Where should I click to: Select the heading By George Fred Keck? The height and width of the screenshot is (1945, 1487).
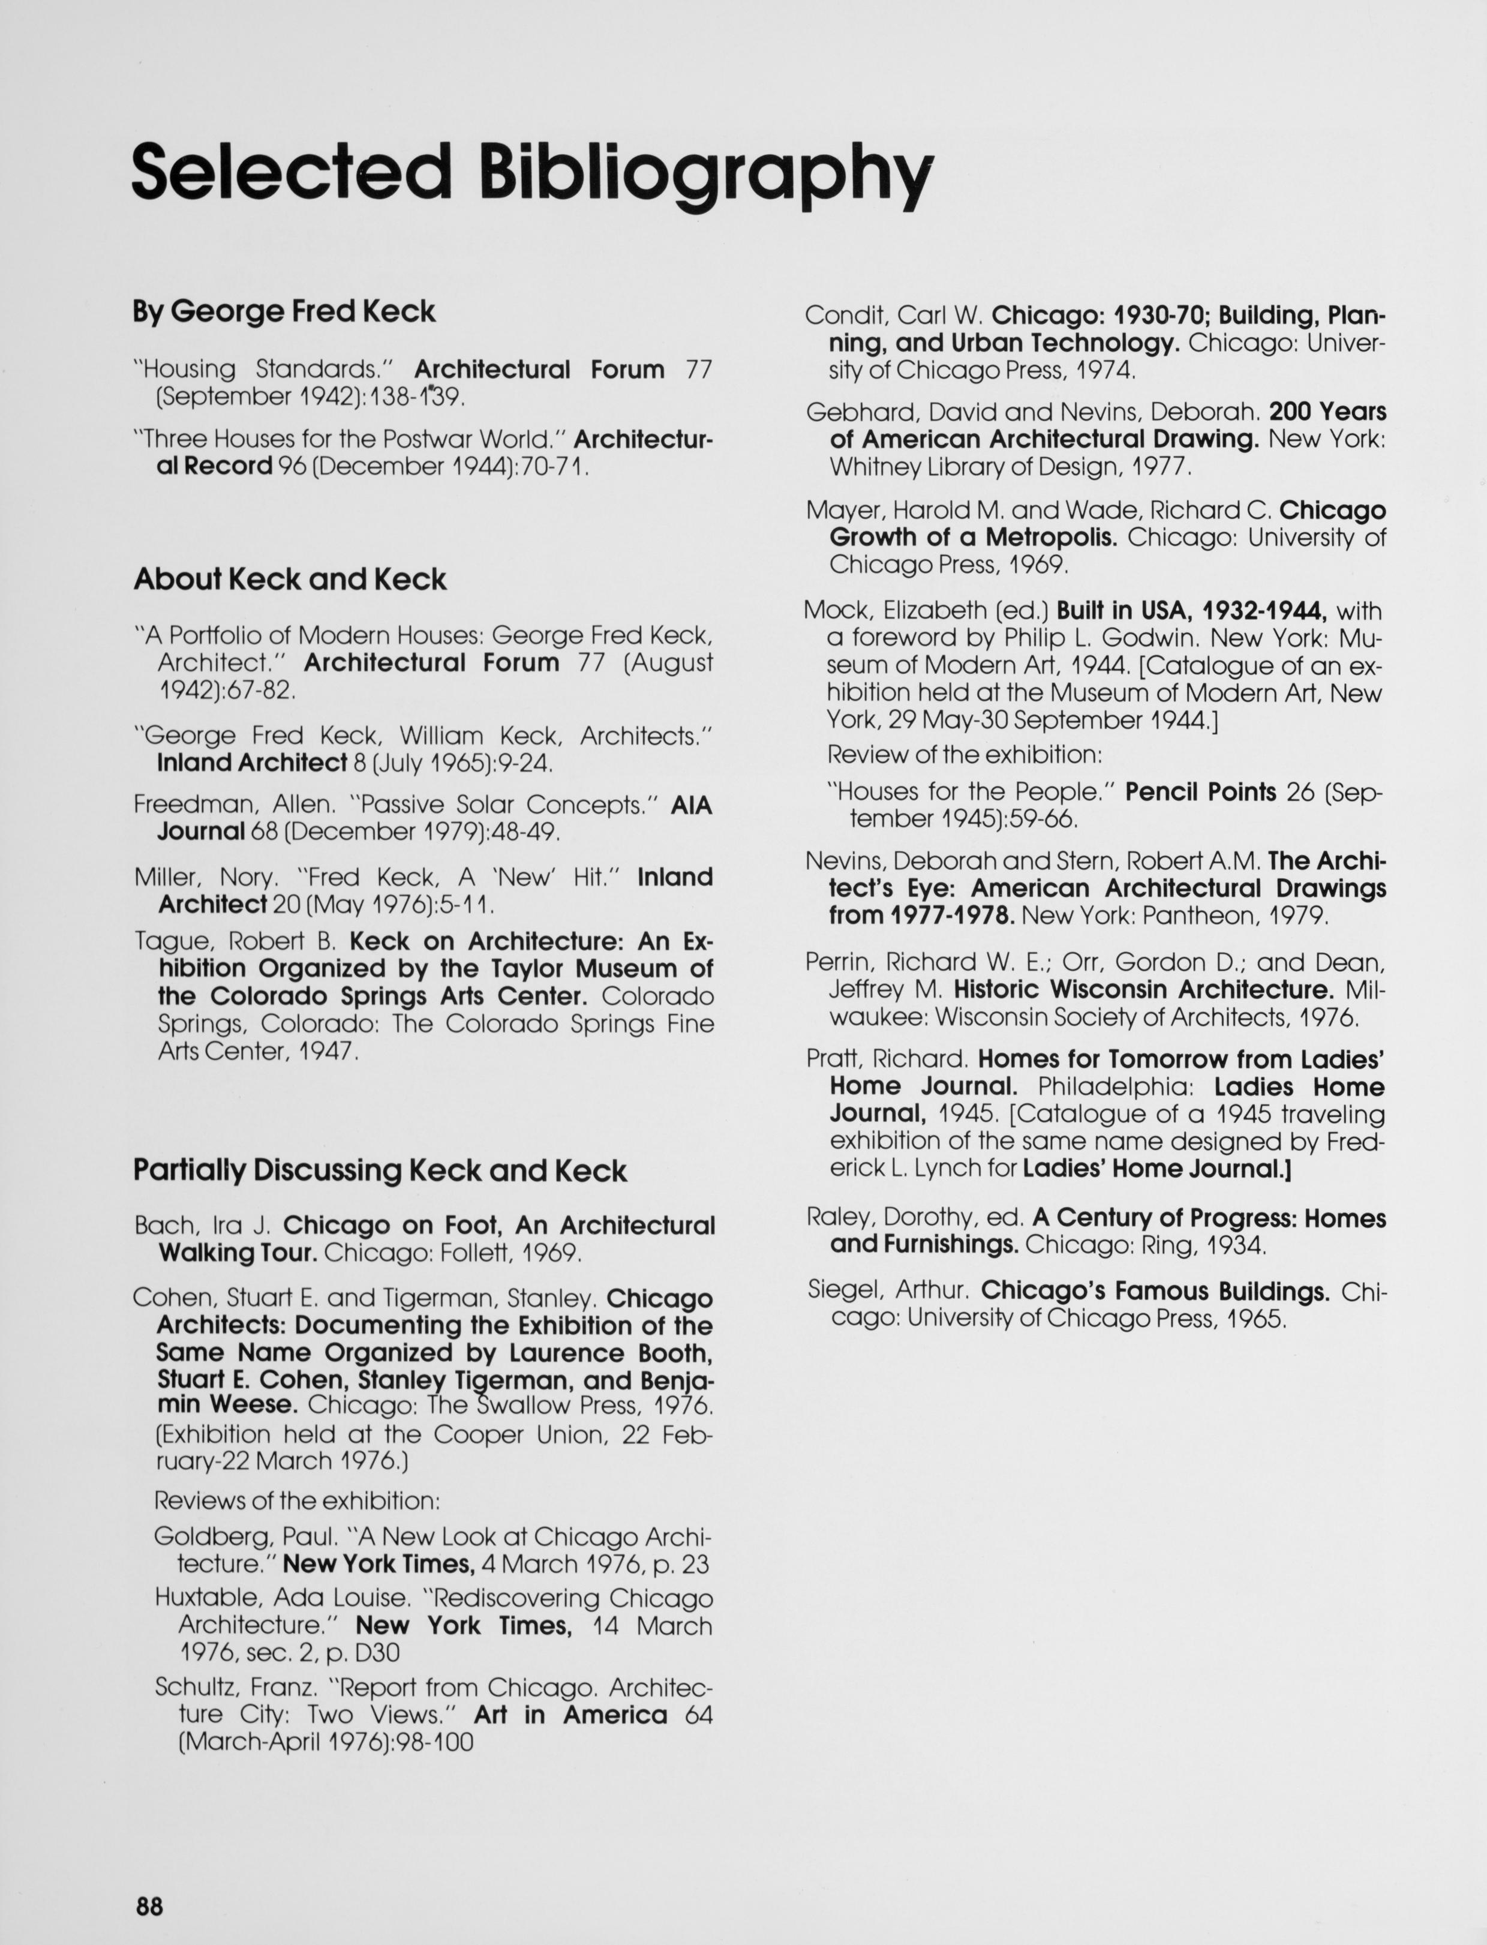click(284, 311)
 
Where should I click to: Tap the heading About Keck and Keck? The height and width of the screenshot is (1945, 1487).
click(290, 579)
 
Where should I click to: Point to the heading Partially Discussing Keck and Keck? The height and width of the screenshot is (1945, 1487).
click(380, 1170)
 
